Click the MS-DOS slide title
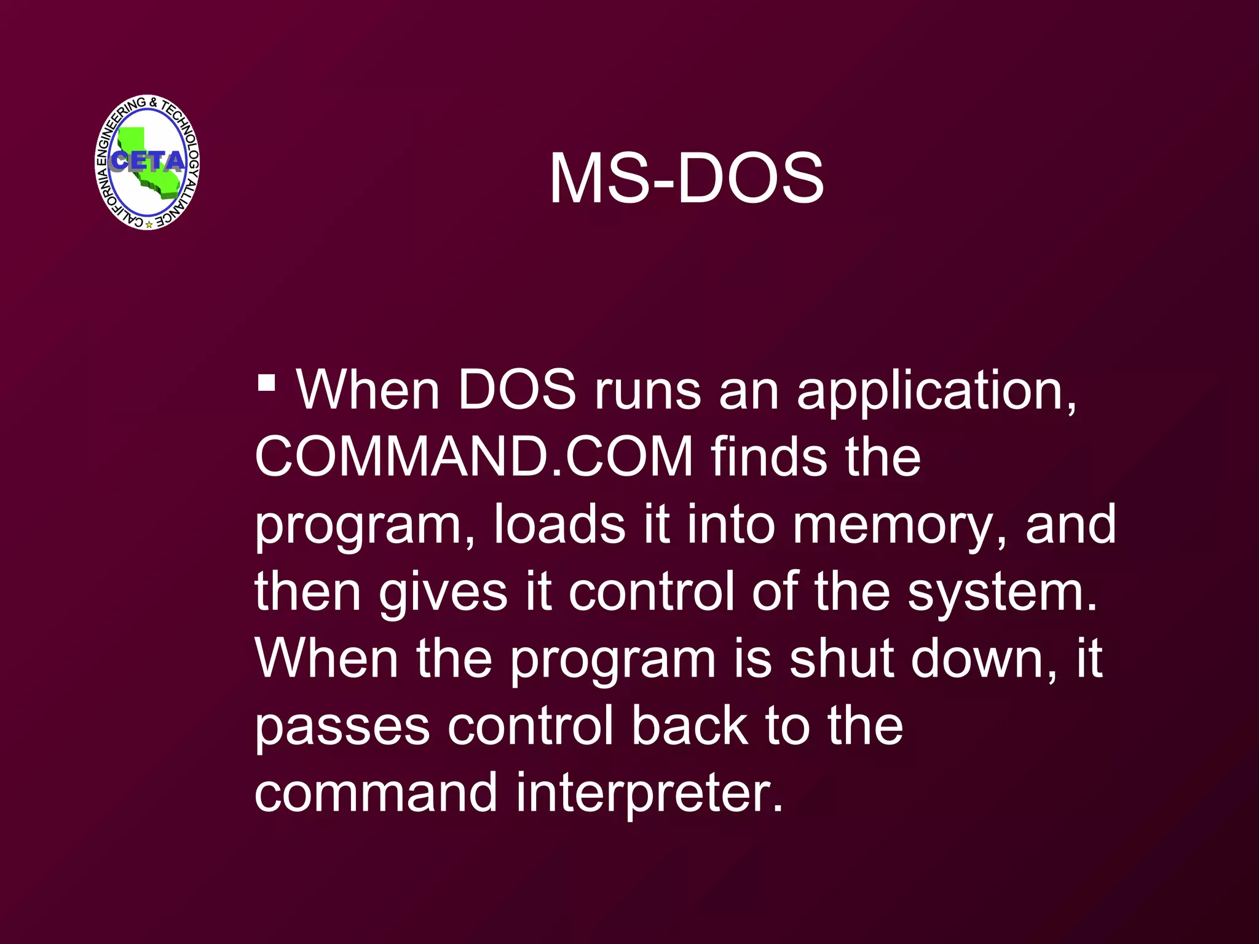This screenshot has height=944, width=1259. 686,179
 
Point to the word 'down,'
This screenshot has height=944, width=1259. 984,660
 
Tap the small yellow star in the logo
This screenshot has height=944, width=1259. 149,225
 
